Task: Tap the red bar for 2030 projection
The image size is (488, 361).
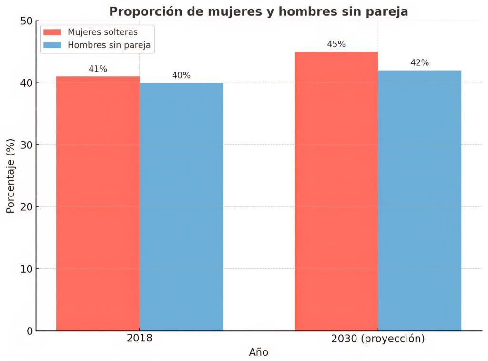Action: coord(336,191)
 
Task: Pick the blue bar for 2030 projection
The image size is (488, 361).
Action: coord(419,200)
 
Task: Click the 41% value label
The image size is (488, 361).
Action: coord(98,69)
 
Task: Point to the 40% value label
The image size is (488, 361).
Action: coord(181,75)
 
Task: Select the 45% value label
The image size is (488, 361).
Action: coord(336,44)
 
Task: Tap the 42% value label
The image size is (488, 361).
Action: coord(419,63)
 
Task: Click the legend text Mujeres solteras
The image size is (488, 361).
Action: coord(102,32)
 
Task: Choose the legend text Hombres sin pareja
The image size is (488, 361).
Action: coord(109,45)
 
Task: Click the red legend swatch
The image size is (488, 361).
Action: coord(52,32)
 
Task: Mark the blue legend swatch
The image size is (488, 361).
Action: coord(52,45)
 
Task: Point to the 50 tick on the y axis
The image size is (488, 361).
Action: coord(27,21)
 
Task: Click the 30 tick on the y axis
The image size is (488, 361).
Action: coord(27,145)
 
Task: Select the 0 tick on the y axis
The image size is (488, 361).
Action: coord(30,330)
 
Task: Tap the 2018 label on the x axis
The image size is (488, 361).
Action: coord(140,339)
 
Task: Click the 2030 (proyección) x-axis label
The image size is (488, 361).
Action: coord(377,339)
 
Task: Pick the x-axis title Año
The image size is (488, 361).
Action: coord(259,352)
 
